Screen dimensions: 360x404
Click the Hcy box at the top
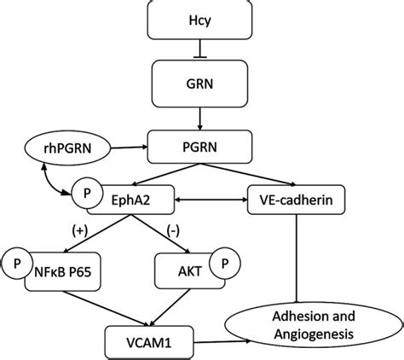(x=201, y=18)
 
